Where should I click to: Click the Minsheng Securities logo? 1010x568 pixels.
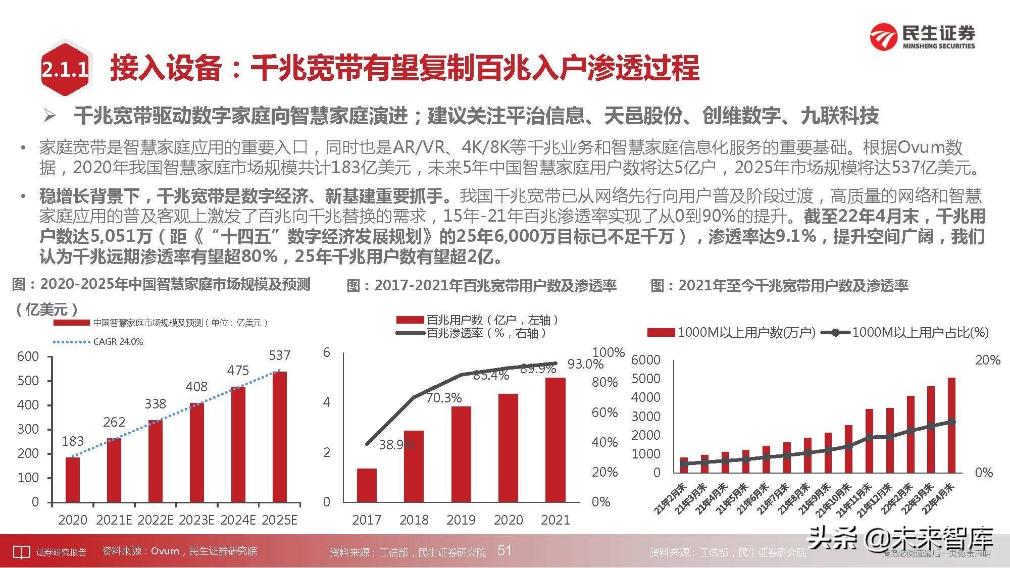922,36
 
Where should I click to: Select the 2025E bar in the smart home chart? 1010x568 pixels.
279,437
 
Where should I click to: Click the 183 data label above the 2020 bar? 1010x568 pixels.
73,441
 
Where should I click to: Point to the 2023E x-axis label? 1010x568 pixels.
196,520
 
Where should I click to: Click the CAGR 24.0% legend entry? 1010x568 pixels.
98,342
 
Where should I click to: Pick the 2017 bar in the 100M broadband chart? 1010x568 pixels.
367,485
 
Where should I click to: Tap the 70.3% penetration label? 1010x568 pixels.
444,398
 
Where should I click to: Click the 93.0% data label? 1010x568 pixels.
585,364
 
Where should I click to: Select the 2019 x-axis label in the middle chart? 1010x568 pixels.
461,520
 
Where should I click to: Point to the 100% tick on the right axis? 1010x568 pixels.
608,352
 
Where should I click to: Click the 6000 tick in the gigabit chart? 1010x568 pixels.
645,360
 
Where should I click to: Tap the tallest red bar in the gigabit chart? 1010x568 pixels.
951,425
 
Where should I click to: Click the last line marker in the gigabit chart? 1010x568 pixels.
951,422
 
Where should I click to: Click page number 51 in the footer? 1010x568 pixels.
504,550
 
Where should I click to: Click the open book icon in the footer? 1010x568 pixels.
21,552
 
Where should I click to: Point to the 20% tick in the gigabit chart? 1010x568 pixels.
987,360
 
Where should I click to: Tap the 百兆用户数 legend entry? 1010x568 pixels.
477,320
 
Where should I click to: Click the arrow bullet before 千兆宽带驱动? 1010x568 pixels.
49,116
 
